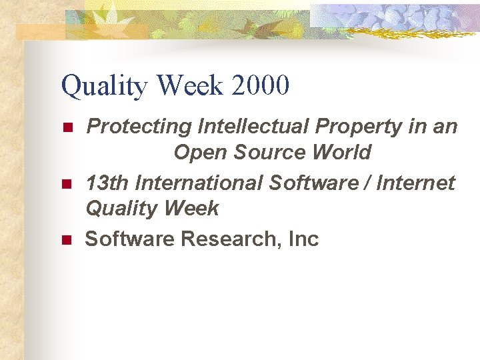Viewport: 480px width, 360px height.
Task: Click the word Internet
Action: (x=415, y=181)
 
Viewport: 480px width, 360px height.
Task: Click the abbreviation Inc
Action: (x=304, y=238)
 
